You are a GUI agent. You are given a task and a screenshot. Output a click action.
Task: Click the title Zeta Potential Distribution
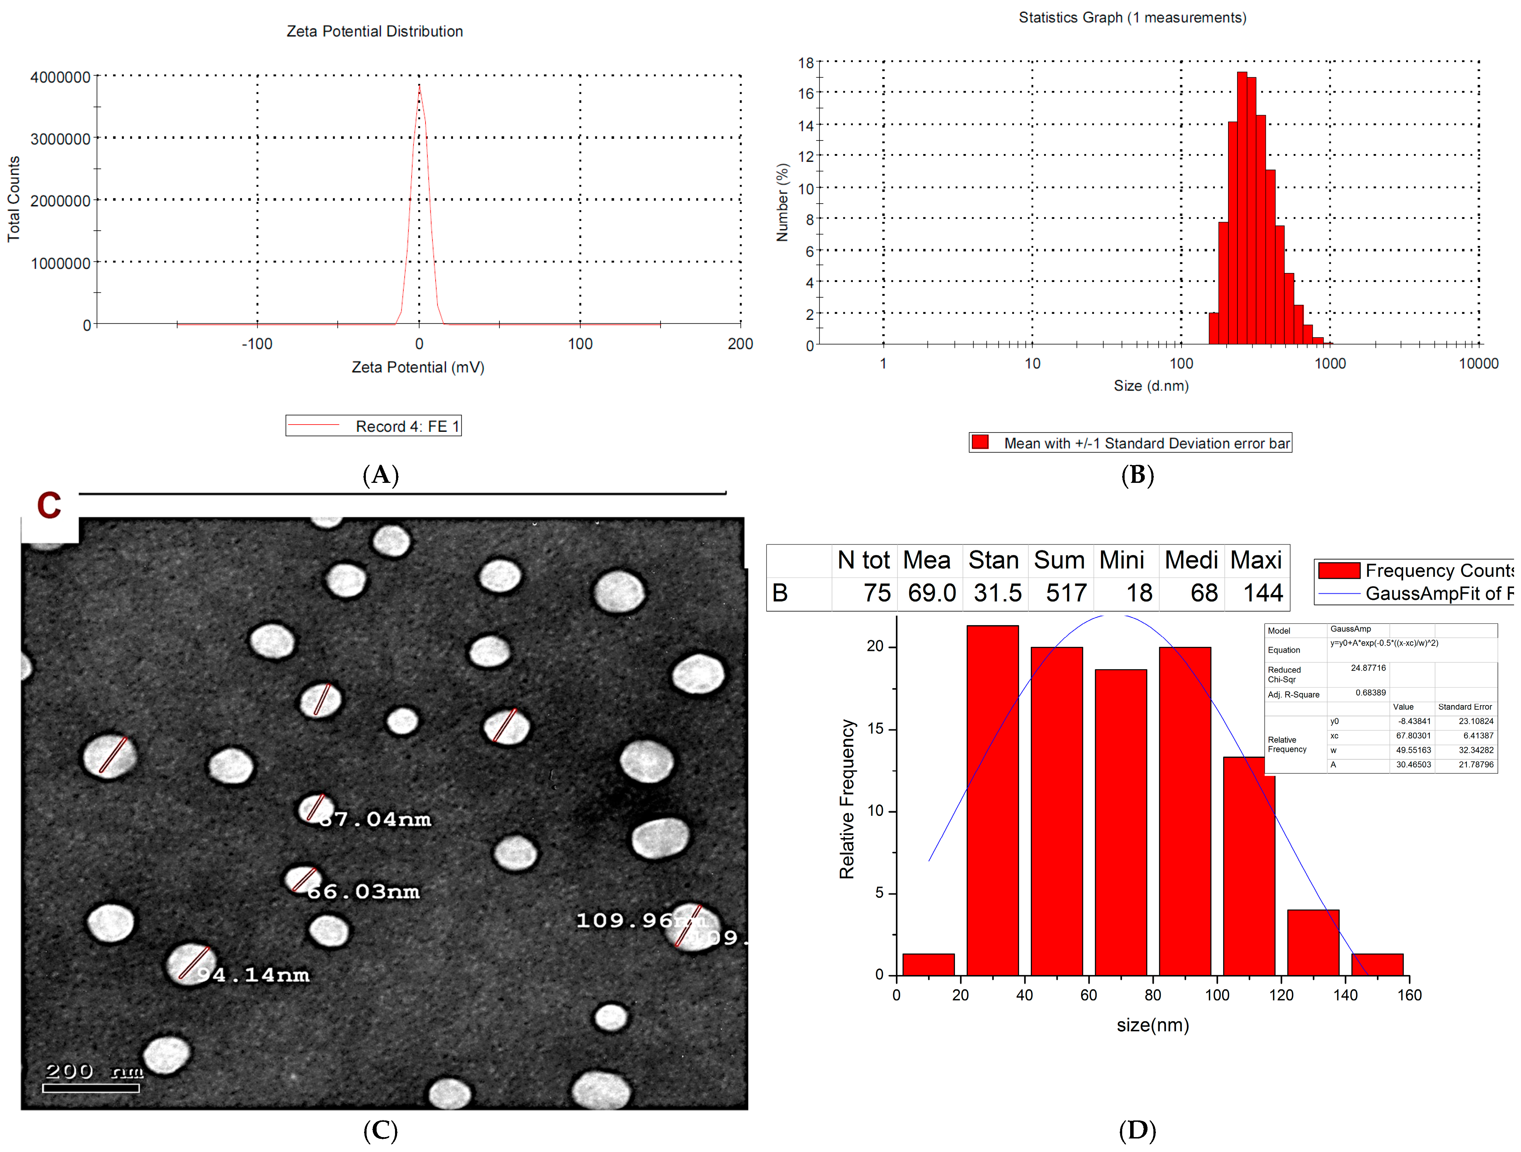[375, 32]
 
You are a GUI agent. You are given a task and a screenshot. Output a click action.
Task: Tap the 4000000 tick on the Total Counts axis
[60, 77]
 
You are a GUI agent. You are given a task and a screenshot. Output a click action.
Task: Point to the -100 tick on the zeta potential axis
[257, 344]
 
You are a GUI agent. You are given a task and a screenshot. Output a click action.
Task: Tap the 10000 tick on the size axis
[1478, 364]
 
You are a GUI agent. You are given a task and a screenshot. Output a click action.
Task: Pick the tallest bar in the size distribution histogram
[1242, 206]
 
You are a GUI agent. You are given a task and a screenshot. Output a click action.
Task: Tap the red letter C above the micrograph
[49, 506]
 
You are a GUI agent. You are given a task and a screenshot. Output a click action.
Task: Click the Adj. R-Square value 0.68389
[1370, 693]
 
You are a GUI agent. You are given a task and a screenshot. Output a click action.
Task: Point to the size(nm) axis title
[1152, 1025]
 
